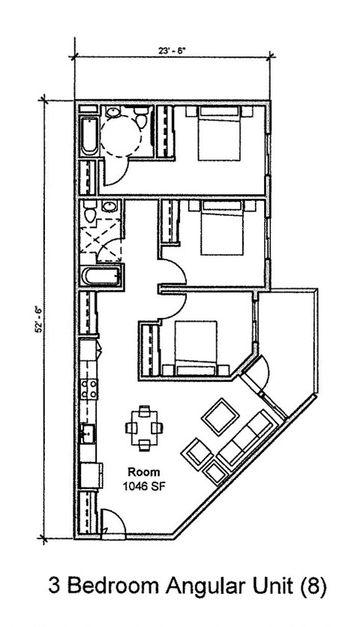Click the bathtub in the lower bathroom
(101, 276)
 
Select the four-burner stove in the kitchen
(90, 390)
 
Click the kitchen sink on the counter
(88, 433)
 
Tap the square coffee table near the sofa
(221, 417)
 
